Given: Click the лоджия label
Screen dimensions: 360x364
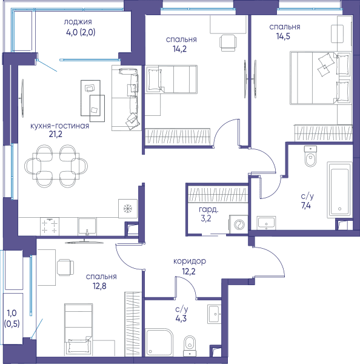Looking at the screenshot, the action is click(78, 22).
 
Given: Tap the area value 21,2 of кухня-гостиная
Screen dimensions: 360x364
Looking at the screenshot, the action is click(56, 134).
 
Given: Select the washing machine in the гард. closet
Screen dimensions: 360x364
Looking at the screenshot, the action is click(238, 224).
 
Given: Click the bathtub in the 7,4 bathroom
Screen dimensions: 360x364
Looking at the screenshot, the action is click(340, 190).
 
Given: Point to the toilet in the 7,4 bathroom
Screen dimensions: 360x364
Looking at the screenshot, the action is click(310, 157).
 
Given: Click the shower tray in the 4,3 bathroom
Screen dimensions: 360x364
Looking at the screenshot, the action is click(159, 342).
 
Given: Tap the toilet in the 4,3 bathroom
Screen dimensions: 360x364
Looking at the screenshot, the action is click(190, 346).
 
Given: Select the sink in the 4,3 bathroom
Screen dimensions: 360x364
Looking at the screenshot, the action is click(214, 314).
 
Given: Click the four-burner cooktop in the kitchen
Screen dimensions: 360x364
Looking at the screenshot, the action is click(50, 226).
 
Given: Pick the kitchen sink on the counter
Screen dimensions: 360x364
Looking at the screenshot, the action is click(87, 227).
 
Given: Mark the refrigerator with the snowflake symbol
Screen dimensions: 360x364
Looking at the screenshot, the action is click(128, 209).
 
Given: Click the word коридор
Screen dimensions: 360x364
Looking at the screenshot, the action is click(190, 261).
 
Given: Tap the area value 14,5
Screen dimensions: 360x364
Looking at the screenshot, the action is click(283, 36).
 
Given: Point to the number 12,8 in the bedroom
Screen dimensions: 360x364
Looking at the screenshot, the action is click(99, 286).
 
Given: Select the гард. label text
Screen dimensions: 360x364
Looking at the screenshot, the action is click(208, 210).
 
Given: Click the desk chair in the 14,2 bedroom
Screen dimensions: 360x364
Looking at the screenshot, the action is click(228, 42).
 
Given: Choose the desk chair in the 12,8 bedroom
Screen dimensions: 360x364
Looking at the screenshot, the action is click(65, 268).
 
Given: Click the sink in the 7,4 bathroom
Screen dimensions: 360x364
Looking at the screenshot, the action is click(266, 223).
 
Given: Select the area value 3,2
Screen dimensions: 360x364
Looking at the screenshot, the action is click(206, 218).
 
